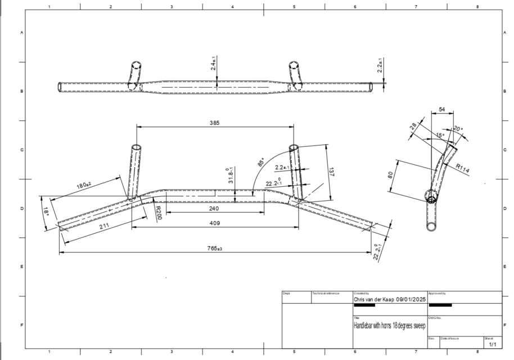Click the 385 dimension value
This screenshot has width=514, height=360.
214,123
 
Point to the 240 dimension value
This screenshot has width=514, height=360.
214,208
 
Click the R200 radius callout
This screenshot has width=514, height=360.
159,213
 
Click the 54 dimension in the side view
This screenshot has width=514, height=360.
442,109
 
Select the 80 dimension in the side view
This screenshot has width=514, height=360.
391,175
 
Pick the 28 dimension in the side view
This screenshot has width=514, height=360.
413,127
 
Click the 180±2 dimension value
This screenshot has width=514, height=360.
84,186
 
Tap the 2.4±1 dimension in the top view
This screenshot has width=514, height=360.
214,61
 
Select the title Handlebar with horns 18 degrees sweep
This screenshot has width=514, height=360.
389,326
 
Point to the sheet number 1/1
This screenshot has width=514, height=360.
493,344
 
